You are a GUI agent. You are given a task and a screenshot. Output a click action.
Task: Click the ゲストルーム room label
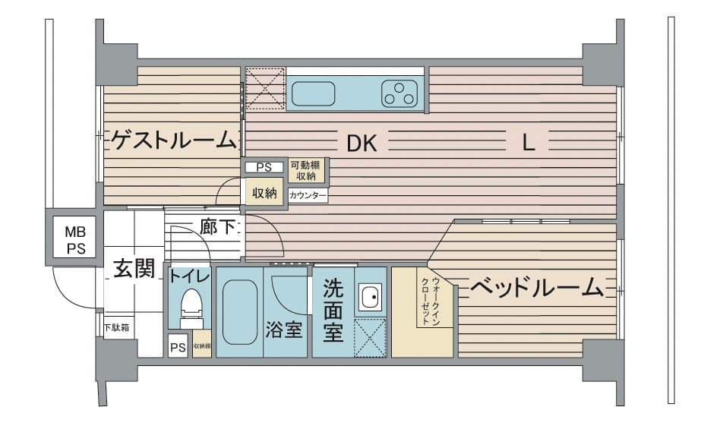click(174, 140)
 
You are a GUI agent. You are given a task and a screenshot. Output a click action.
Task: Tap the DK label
click(362, 144)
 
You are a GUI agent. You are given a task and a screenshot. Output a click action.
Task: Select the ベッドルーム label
click(536, 287)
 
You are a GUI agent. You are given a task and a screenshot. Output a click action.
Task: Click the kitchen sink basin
click(313, 93)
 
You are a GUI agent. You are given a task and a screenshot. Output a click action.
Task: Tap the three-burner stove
click(399, 93)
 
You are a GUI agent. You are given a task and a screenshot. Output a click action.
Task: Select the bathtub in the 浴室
click(239, 312)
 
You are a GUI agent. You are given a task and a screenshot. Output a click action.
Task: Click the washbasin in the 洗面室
click(370, 298)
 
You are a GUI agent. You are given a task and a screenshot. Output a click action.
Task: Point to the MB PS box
click(74, 239)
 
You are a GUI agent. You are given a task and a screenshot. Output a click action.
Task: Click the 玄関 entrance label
click(134, 268)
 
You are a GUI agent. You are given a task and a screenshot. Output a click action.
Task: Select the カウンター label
click(308, 196)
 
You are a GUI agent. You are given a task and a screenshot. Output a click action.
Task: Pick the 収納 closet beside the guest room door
click(264, 193)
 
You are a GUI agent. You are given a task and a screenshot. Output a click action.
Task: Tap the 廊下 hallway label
click(217, 226)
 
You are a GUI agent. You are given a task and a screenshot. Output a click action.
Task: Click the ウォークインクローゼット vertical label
click(431, 301)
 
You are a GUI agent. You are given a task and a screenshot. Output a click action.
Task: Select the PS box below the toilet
click(178, 348)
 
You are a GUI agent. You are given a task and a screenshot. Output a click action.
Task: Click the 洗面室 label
click(333, 311)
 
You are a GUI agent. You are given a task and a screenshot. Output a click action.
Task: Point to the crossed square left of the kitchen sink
click(265, 89)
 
